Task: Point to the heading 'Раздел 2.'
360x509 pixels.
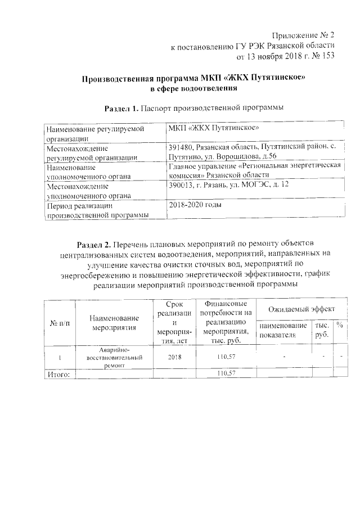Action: [x=93, y=245]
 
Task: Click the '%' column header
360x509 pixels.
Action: [x=340, y=325]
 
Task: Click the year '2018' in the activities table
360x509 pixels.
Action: [x=174, y=357]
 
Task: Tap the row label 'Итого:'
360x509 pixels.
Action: [x=58, y=373]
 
